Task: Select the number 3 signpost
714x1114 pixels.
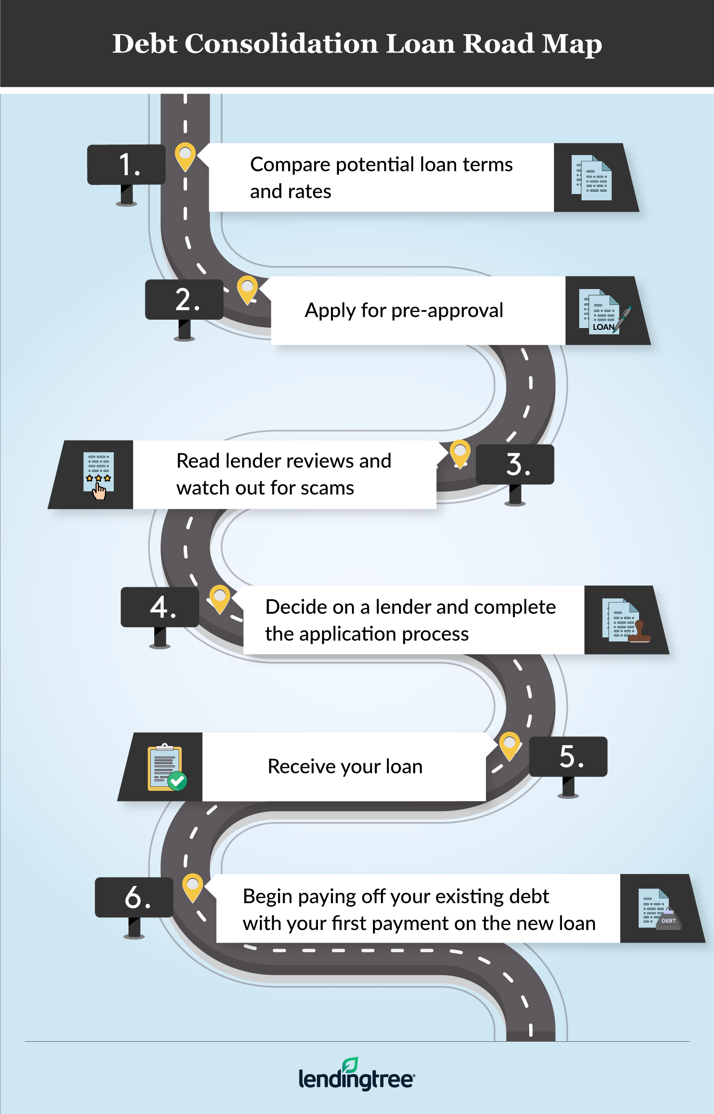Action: (x=515, y=465)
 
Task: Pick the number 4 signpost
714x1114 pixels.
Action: (x=160, y=607)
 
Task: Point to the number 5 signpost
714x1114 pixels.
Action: (x=568, y=757)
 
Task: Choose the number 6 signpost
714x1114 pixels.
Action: (x=134, y=898)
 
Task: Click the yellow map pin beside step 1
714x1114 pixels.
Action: (x=185, y=156)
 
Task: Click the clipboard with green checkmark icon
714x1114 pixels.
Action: (x=166, y=767)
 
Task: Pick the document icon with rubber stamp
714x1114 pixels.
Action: (x=625, y=620)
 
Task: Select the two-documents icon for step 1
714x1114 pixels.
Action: (x=592, y=178)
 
